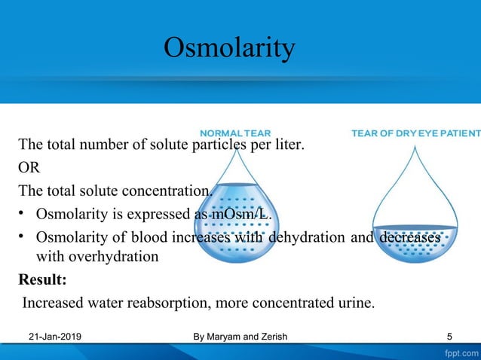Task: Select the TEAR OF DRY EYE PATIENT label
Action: (415, 133)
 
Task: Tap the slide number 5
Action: (449, 337)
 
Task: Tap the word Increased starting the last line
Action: (51, 303)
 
